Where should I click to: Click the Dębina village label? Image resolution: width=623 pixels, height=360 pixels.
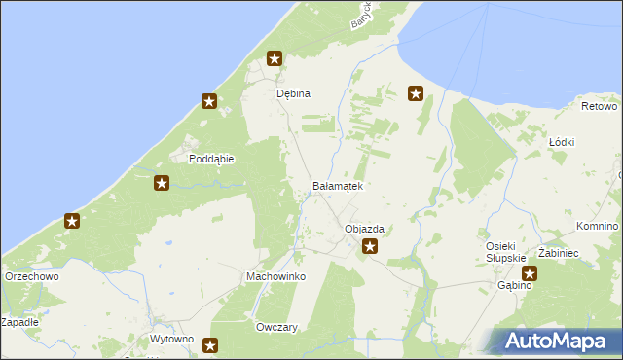pyautogui.click(x=293, y=93)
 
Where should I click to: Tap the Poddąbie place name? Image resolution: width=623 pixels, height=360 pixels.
pyautogui.click(x=212, y=158)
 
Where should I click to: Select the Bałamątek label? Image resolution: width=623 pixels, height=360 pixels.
pyautogui.click(x=337, y=185)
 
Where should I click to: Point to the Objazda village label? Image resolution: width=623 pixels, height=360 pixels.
pyautogui.click(x=365, y=230)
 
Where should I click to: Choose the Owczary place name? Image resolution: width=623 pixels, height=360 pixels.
pyautogui.click(x=275, y=328)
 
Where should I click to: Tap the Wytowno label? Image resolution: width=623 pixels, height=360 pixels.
pyautogui.click(x=172, y=340)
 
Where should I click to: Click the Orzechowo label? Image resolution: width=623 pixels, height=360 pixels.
pyautogui.click(x=32, y=276)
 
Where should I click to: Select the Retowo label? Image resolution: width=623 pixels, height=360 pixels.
pyautogui.click(x=599, y=105)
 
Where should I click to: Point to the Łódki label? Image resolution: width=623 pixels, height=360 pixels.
pyautogui.click(x=562, y=142)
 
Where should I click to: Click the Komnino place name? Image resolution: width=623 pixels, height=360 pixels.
pyautogui.click(x=597, y=226)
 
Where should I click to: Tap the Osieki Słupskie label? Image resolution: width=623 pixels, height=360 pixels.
pyautogui.click(x=506, y=251)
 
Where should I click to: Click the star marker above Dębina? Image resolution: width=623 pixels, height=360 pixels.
pyautogui.click(x=275, y=59)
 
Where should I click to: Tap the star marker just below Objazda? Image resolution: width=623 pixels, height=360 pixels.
pyautogui.click(x=370, y=247)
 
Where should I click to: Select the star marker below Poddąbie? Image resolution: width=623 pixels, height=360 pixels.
pyautogui.click(x=162, y=182)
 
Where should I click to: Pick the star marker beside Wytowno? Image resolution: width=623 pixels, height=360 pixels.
pyautogui.click(x=209, y=344)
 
